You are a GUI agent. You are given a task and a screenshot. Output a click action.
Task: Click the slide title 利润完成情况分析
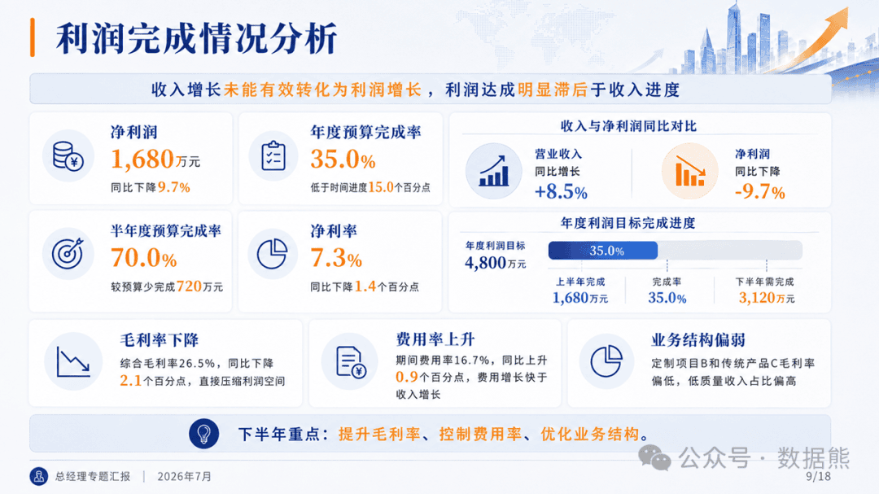pyautogui.click(x=196, y=38)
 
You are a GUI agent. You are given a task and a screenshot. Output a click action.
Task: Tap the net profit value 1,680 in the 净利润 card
pyautogui.click(x=142, y=160)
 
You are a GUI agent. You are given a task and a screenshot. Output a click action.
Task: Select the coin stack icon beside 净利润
pyautogui.click(x=68, y=156)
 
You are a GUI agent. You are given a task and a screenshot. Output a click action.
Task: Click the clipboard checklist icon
pyautogui.click(x=273, y=156)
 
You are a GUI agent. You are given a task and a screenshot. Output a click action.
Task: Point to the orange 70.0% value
pyautogui.click(x=143, y=258)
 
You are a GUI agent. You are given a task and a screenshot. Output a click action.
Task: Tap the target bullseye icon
pyautogui.click(x=68, y=253)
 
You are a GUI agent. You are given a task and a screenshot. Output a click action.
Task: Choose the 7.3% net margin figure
pyautogui.click(x=336, y=258)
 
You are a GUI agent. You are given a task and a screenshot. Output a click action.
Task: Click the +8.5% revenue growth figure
pyautogui.click(x=561, y=192)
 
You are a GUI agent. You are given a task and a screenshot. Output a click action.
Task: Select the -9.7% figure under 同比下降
pyautogui.click(x=759, y=192)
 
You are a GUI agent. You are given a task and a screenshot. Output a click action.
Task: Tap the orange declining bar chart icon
pyautogui.click(x=690, y=171)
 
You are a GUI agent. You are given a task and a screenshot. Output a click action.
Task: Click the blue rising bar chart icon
pyautogui.click(x=494, y=171)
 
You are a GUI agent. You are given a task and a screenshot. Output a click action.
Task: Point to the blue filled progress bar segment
pyautogui.click(x=603, y=250)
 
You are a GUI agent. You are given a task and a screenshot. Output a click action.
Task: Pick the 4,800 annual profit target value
pyautogui.click(x=485, y=262)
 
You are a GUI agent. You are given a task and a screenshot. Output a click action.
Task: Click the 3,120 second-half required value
pyautogui.click(x=757, y=298)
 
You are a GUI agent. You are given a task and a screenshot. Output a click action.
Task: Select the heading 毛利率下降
pyautogui.click(x=160, y=340)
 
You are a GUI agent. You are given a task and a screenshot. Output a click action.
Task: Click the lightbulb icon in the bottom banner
pyautogui.click(x=204, y=434)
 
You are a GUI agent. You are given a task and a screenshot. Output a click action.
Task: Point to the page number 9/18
pyautogui.click(x=819, y=476)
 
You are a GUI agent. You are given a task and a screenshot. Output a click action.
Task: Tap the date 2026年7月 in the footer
pyautogui.click(x=185, y=477)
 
